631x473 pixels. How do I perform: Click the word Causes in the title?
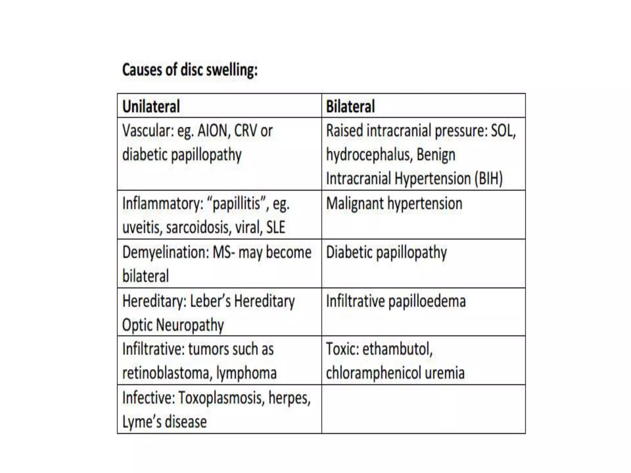pyautogui.click(x=142, y=70)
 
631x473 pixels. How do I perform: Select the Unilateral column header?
pyautogui.click(x=151, y=107)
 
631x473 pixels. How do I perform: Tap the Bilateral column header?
pyautogui.click(x=350, y=107)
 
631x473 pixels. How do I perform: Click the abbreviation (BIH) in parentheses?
pyautogui.click(x=488, y=179)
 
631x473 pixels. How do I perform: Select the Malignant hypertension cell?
pyautogui.click(x=394, y=204)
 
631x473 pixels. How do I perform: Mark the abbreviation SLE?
pyautogui.click(x=275, y=228)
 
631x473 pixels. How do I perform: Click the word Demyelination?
pyautogui.click(x=166, y=252)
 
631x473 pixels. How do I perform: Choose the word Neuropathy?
pyautogui.click(x=191, y=325)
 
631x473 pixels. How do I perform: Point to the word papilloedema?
pyautogui.click(x=427, y=301)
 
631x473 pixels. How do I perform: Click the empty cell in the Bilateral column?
pyautogui.click(x=423, y=409)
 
